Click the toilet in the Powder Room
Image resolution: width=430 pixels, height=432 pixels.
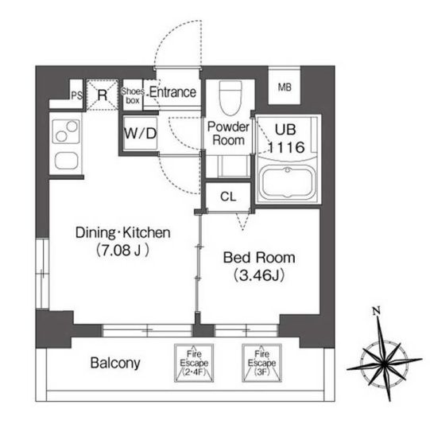(231, 98)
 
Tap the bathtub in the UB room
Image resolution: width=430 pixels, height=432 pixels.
(288, 183)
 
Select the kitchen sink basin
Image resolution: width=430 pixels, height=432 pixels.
(66, 161)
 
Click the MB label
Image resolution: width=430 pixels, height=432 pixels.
(285, 88)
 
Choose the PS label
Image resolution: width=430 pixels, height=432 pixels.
(77, 95)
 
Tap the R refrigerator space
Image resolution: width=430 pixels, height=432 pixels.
(103, 95)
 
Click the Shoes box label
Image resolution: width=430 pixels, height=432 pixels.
(133, 95)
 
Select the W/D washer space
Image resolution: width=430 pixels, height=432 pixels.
(141, 134)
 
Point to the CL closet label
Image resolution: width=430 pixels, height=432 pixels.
(228, 197)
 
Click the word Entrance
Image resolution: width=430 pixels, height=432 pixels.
(173, 92)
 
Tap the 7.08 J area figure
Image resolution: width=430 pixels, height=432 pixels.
(122, 250)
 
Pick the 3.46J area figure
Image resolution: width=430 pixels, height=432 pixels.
(259, 275)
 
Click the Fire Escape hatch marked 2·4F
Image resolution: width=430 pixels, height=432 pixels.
(194, 363)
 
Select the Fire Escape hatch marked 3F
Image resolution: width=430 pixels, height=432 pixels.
(261, 363)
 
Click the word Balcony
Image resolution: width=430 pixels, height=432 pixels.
(115, 363)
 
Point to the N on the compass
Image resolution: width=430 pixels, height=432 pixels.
(376, 311)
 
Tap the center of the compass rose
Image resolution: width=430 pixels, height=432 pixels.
(385, 364)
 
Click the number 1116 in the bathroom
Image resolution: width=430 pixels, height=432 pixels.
(286, 147)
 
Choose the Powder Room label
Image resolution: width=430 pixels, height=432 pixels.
(228, 134)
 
